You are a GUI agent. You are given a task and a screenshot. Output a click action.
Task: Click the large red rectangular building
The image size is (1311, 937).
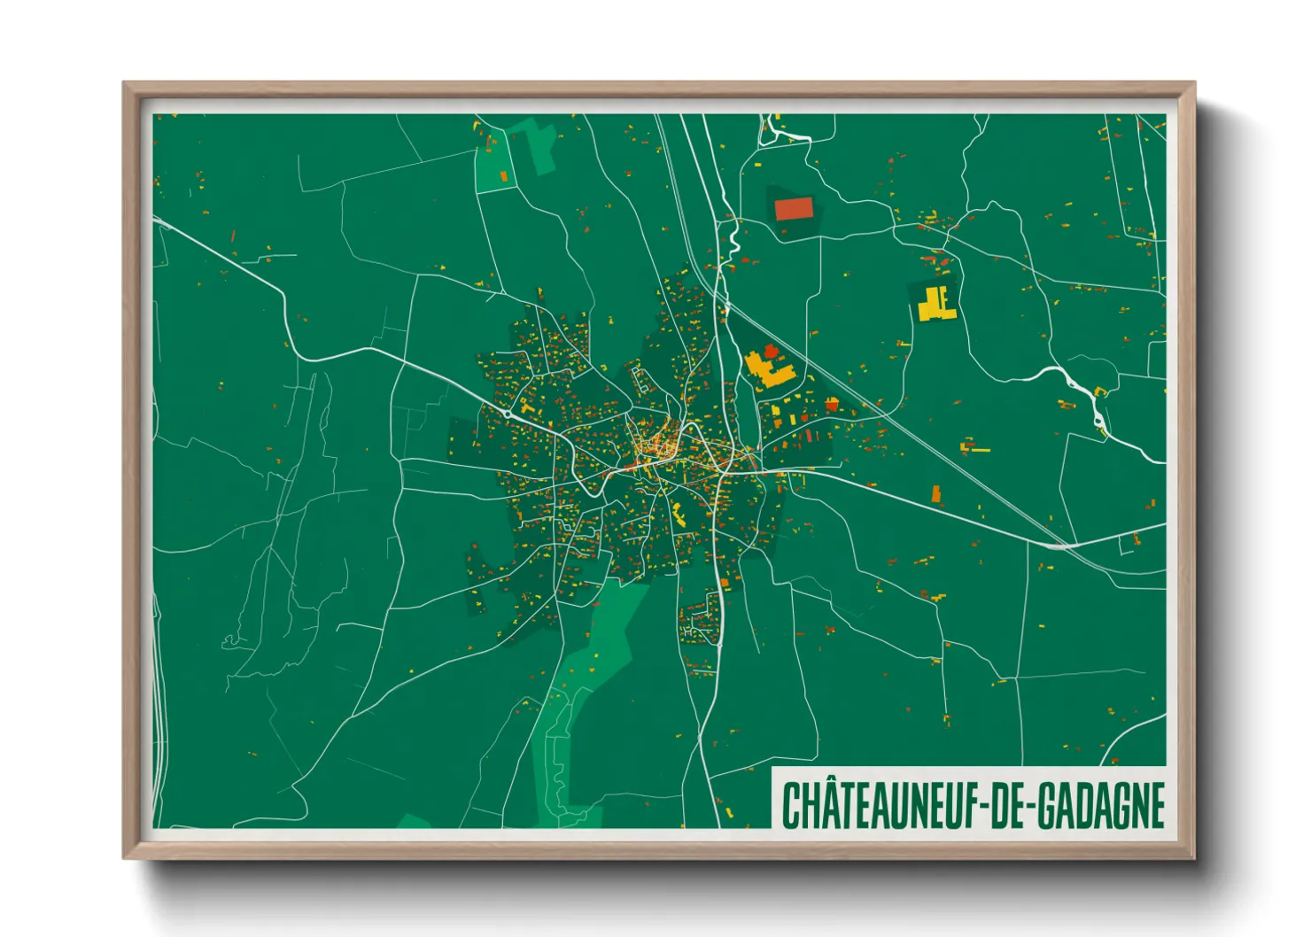pyautogui.click(x=793, y=209)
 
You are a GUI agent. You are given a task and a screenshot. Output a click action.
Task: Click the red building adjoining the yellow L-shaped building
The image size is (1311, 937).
pyautogui.click(x=770, y=351)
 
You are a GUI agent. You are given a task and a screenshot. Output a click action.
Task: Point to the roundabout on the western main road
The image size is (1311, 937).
pyautogui.click(x=506, y=413)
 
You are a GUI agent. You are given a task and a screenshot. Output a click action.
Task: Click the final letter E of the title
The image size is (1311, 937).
pyautogui.click(x=1155, y=805)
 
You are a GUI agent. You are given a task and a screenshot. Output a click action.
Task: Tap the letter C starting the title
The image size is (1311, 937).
pyautogui.click(x=790, y=805)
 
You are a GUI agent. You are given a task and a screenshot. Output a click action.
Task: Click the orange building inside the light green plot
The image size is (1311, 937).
pyautogui.click(x=504, y=176)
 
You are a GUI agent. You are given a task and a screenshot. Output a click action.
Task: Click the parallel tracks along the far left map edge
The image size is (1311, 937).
pyautogui.click(x=159, y=709)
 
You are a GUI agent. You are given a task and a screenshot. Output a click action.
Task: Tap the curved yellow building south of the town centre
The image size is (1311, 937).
pyautogui.click(x=679, y=514)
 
